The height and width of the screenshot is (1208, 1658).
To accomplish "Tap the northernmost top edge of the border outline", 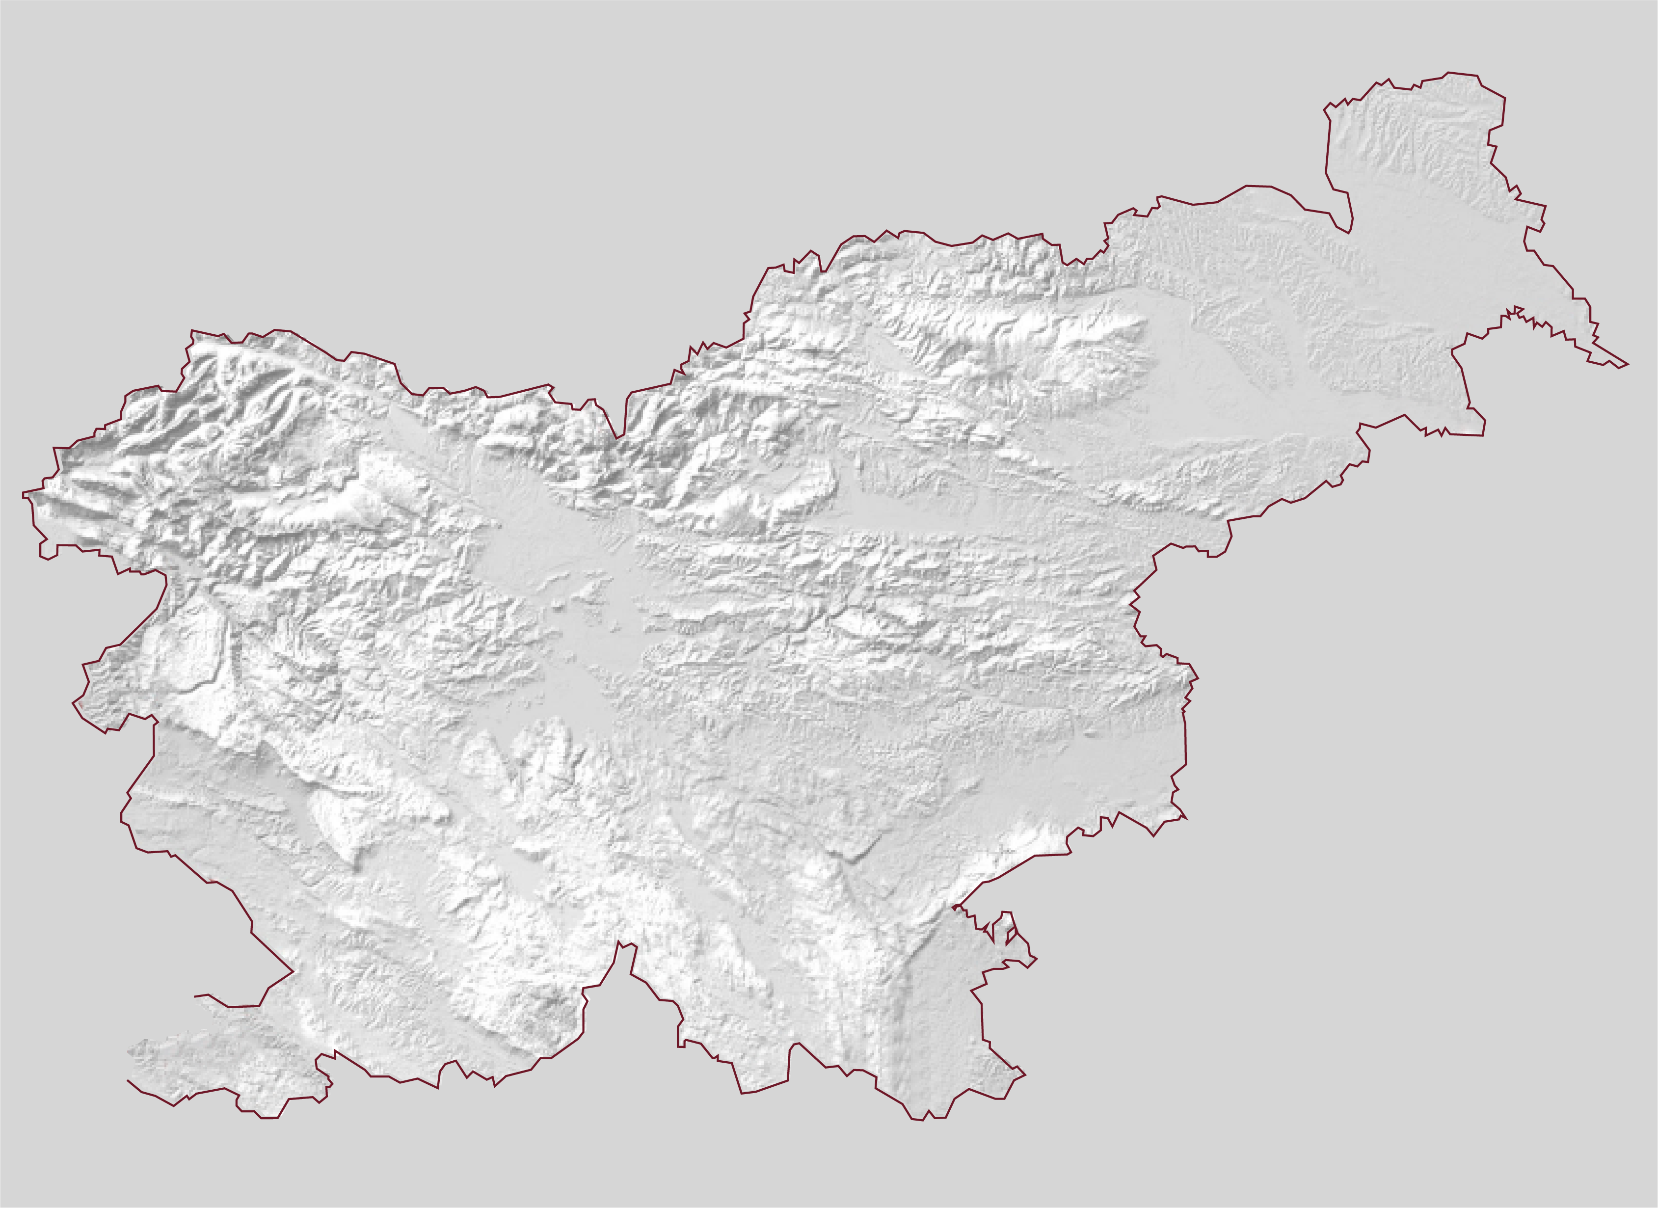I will coord(1448,72).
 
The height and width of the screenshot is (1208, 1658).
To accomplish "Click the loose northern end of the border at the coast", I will coord(194,996).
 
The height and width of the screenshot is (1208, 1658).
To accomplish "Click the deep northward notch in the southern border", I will coord(619,942).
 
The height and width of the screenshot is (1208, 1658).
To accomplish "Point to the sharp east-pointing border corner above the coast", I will coord(293,971).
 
